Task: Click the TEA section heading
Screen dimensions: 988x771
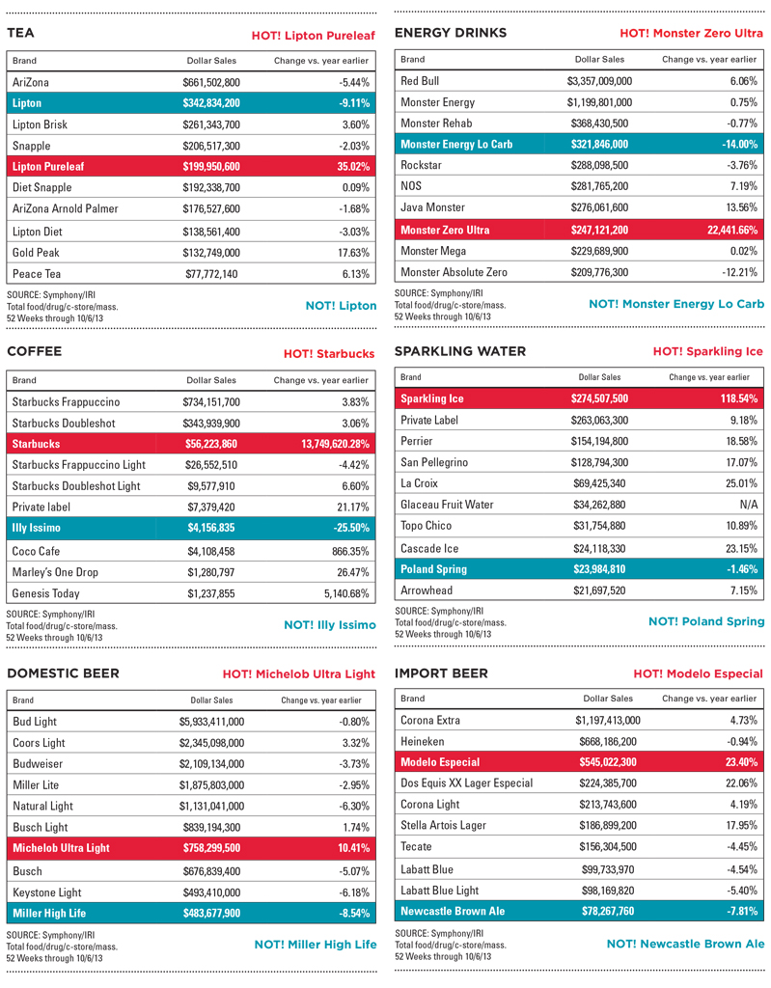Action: tap(21, 34)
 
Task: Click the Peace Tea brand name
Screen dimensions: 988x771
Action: tap(37, 274)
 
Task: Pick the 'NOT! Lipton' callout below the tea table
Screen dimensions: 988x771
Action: tap(341, 306)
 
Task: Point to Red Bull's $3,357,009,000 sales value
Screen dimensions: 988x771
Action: tap(599, 81)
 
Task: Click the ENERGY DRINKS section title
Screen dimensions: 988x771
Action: tap(451, 34)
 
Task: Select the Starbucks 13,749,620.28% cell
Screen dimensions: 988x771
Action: tap(320, 444)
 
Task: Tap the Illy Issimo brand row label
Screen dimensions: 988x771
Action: tap(40, 528)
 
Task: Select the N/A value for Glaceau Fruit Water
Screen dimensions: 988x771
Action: tap(749, 505)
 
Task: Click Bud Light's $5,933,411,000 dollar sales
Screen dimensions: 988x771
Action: tap(211, 721)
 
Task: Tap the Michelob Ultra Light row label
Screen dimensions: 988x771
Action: tap(61, 848)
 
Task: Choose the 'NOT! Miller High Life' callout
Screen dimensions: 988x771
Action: tap(315, 945)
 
